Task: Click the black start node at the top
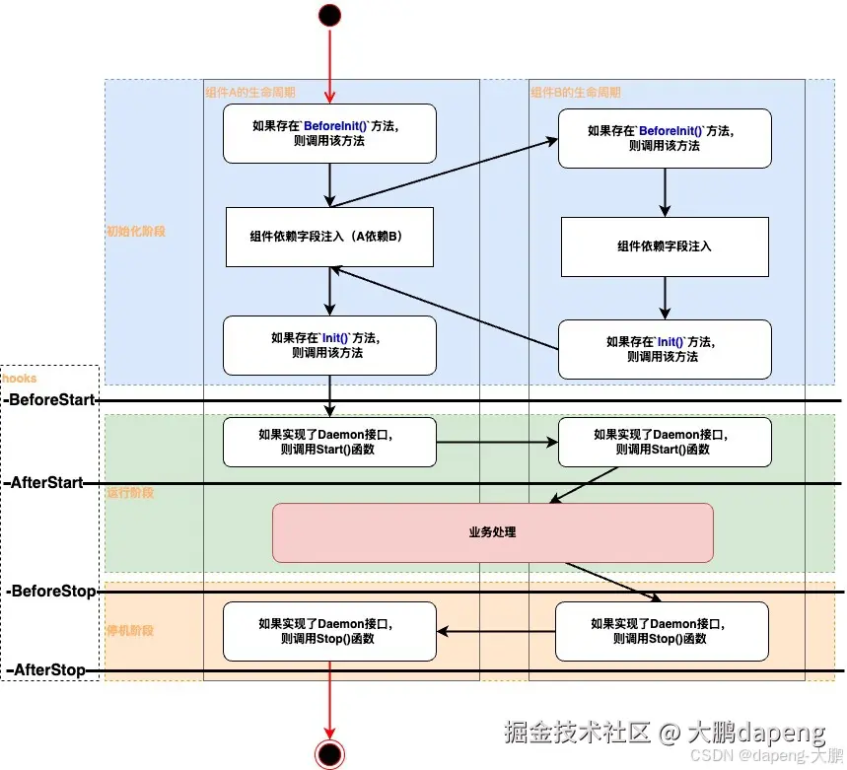click(x=329, y=15)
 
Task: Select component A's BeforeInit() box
click(x=329, y=134)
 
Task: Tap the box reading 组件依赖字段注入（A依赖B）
click(x=329, y=237)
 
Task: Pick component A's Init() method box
click(x=329, y=345)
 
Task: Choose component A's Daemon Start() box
click(x=329, y=442)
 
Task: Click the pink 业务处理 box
click(x=492, y=532)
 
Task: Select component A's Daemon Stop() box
click(x=329, y=631)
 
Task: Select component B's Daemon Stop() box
click(x=662, y=631)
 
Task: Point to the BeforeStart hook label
click(x=51, y=400)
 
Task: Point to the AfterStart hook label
click(x=46, y=483)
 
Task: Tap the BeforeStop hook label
click(x=51, y=592)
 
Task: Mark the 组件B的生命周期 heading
click(x=576, y=93)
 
